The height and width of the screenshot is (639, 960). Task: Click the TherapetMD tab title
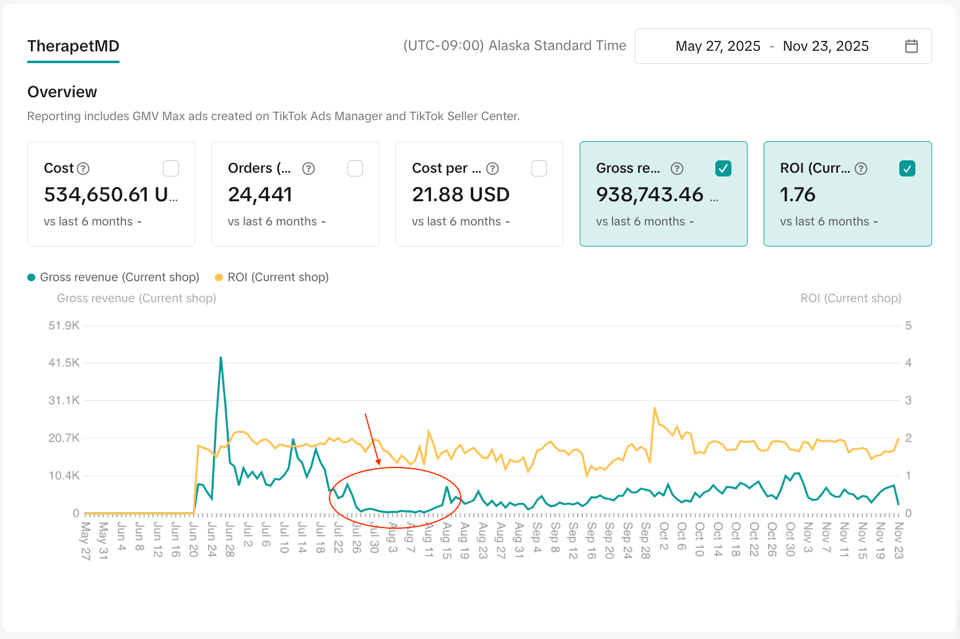click(x=73, y=46)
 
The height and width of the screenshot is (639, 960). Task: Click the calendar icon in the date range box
click(x=911, y=46)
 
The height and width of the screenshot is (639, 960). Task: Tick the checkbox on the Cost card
click(x=170, y=168)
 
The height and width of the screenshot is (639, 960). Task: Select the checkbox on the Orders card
click(x=355, y=168)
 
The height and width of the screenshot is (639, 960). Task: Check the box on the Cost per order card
click(x=539, y=168)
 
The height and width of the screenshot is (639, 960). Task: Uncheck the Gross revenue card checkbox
click(x=723, y=168)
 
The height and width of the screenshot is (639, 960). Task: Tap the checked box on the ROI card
click(x=907, y=168)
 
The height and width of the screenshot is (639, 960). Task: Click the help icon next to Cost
click(x=83, y=168)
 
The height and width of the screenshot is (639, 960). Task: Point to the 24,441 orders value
click(x=260, y=194)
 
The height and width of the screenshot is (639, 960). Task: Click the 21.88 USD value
click(x=461, y=194)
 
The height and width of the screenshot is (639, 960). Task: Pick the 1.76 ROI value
click(x=798, y=194)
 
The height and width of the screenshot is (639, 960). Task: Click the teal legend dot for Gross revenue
click(x=32, y=277)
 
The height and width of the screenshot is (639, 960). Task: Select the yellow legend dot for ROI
click(x=219, y=277)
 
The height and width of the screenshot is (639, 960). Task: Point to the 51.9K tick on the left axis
click(x=64, y=325)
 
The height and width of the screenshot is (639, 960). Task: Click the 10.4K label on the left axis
click(x=64, y=476)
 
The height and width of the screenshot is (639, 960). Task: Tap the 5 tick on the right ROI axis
click(x=908, y=325)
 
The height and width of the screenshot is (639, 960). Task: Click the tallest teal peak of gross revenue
click(x=220, y=357)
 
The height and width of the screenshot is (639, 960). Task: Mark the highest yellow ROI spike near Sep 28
click(x=655, y=408)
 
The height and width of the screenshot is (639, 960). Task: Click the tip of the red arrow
click(x=379, y=464)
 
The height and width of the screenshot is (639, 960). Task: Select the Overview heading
click(x=62, y=92)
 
